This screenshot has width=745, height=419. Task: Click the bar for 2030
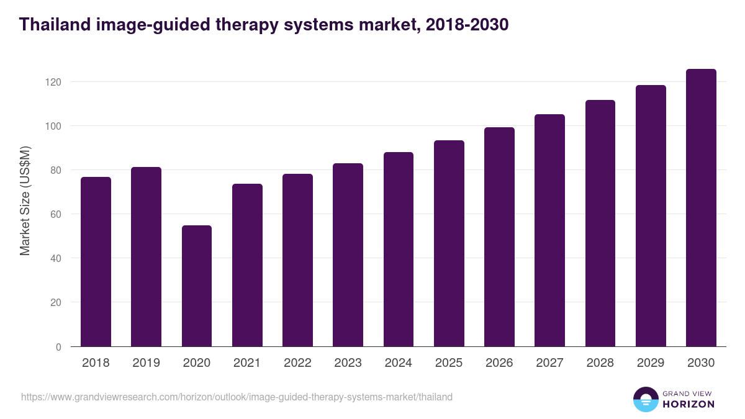[x=701, y=208]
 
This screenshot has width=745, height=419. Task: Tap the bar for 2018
[x=96, y=261]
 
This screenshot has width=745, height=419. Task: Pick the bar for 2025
[x=449, y=243]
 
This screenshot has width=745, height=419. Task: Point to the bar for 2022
[x=297, y=260]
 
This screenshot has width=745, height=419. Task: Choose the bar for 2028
[x=600, y=223]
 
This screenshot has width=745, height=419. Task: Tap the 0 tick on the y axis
[x=59, y=347]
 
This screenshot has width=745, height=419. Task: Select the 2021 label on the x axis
[x=246, y=363]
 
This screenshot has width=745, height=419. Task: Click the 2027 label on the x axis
[x=549, y=363]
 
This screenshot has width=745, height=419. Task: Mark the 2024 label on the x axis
[x=398, y=363]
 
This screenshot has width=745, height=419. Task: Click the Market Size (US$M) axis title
[x=25, y=200]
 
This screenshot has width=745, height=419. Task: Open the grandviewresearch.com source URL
[x=237, y=397]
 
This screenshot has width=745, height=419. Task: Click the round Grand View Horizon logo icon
[x=645, y=399]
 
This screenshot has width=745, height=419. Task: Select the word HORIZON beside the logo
[x=689, y=404]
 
